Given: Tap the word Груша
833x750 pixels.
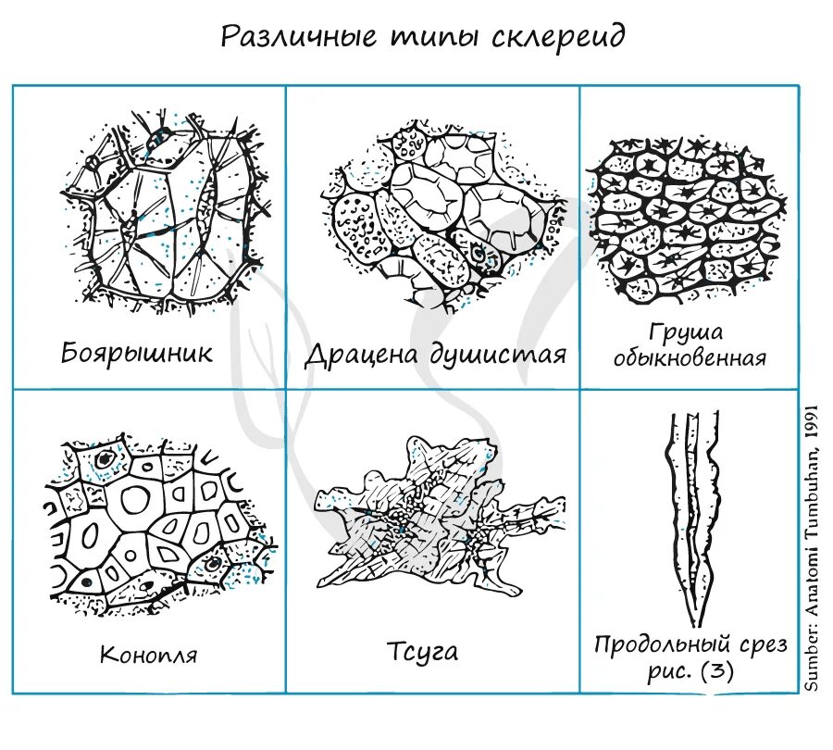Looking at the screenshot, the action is [686, 332].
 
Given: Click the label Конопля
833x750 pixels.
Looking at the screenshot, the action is [148, 656].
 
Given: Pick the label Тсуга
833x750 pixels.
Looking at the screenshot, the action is [422, 651].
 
